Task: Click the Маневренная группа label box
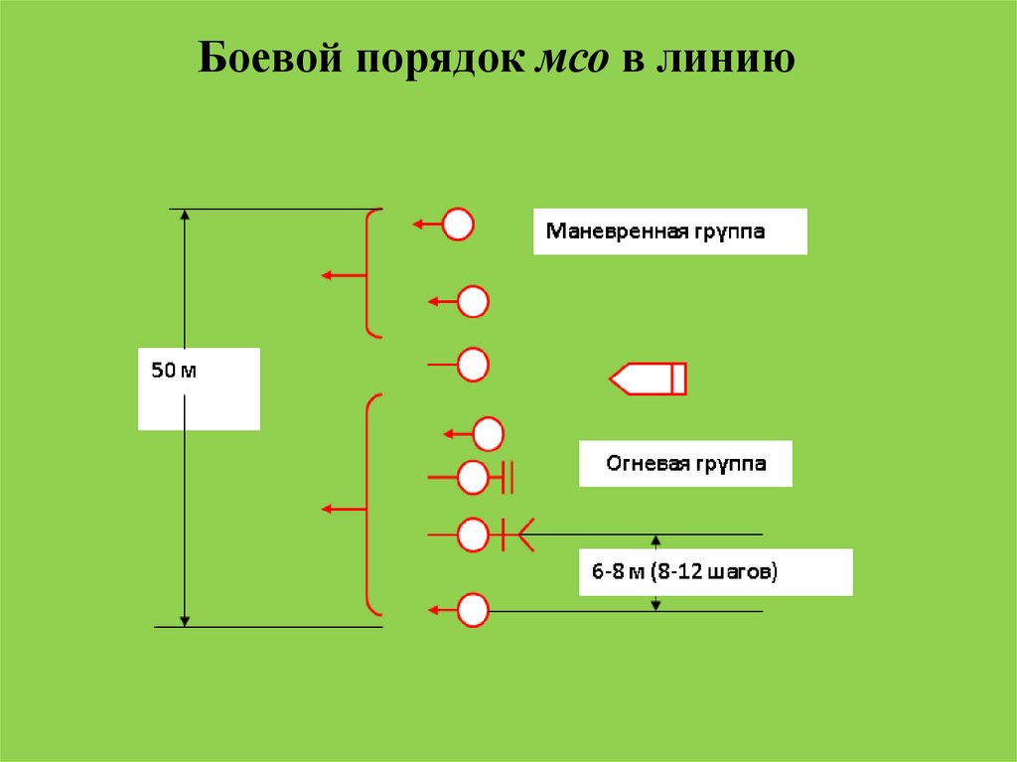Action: (669, 231)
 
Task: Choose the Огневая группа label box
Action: (685, 464)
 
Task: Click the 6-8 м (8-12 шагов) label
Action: (715, 572)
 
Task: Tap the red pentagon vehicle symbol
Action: (649, 379)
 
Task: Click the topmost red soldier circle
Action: (458, 225)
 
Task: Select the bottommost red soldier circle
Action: (473, 609)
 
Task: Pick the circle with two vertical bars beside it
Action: (473, 478)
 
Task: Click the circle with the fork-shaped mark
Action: (473, 535)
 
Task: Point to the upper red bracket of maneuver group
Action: (370, 273)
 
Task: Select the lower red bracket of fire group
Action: (370, 505)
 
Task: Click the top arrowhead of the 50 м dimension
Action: (185, 217)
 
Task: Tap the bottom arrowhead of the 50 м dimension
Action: (185, 619)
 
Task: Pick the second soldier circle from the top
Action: (473, 301)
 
